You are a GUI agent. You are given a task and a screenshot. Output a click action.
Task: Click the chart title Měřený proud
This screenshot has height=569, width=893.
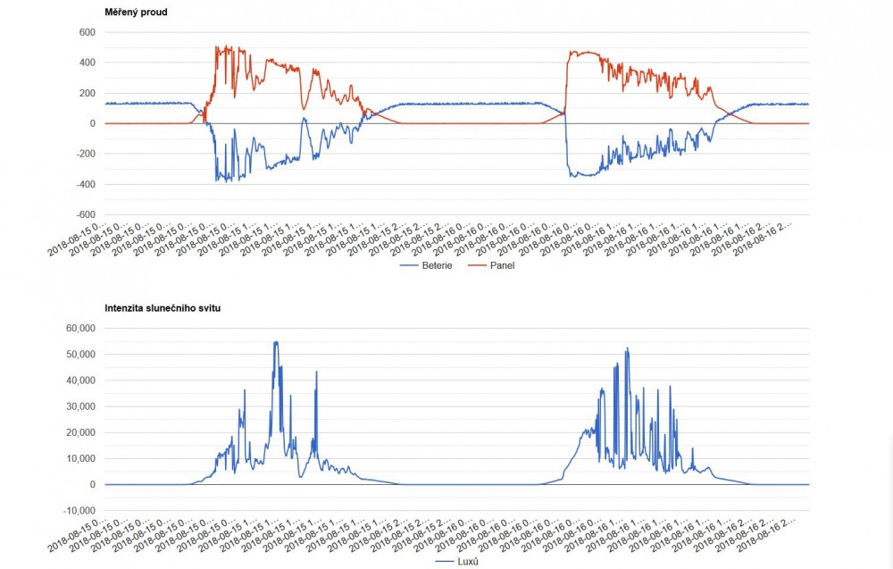click(136, 13)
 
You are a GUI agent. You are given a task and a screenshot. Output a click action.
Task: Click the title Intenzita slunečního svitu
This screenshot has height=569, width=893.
click(163, 308)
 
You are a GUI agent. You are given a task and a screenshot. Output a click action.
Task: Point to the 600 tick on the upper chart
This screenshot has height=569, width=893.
click(87, 32)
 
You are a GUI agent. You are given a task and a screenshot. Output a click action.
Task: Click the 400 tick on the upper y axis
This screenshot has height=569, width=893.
click(87, 63)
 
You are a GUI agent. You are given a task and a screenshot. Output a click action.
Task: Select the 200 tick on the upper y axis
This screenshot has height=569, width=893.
click(87, 93)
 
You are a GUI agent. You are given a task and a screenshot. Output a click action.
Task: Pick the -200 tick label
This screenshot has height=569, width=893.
click(84, 154)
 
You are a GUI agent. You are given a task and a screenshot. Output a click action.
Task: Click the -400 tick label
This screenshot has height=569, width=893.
click(84, 184)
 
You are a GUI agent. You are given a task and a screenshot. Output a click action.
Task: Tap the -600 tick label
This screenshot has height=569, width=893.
click(84, 214)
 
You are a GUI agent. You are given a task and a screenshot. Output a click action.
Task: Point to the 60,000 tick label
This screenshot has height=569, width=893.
click(77, 329)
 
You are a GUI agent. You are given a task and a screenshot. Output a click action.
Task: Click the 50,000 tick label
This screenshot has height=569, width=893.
click(77, 355)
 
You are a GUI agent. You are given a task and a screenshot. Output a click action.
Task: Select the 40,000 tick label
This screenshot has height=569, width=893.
click(77, 381)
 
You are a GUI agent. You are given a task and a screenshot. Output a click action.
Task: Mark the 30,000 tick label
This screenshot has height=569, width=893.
click(77, 406)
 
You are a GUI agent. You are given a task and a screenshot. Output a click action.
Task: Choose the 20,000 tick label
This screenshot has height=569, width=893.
click(77, 432)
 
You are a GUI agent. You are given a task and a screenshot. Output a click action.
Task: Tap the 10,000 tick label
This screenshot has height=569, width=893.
click(77, 458)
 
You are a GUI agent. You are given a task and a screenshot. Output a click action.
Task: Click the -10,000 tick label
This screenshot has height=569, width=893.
click(75, 510)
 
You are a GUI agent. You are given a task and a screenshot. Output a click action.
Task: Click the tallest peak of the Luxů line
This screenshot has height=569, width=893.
click(276, 342)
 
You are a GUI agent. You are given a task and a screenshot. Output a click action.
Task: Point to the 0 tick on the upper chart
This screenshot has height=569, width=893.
click(91, 123)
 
